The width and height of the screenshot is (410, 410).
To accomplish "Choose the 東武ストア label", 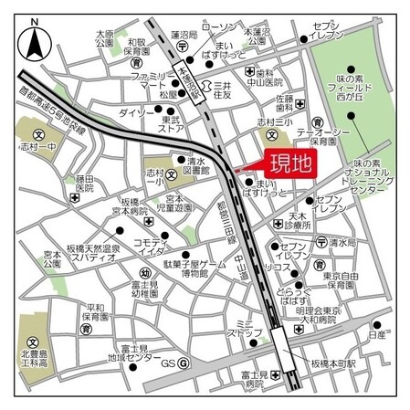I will point(171,124).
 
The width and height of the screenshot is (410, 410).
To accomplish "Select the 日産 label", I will point(376,335).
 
